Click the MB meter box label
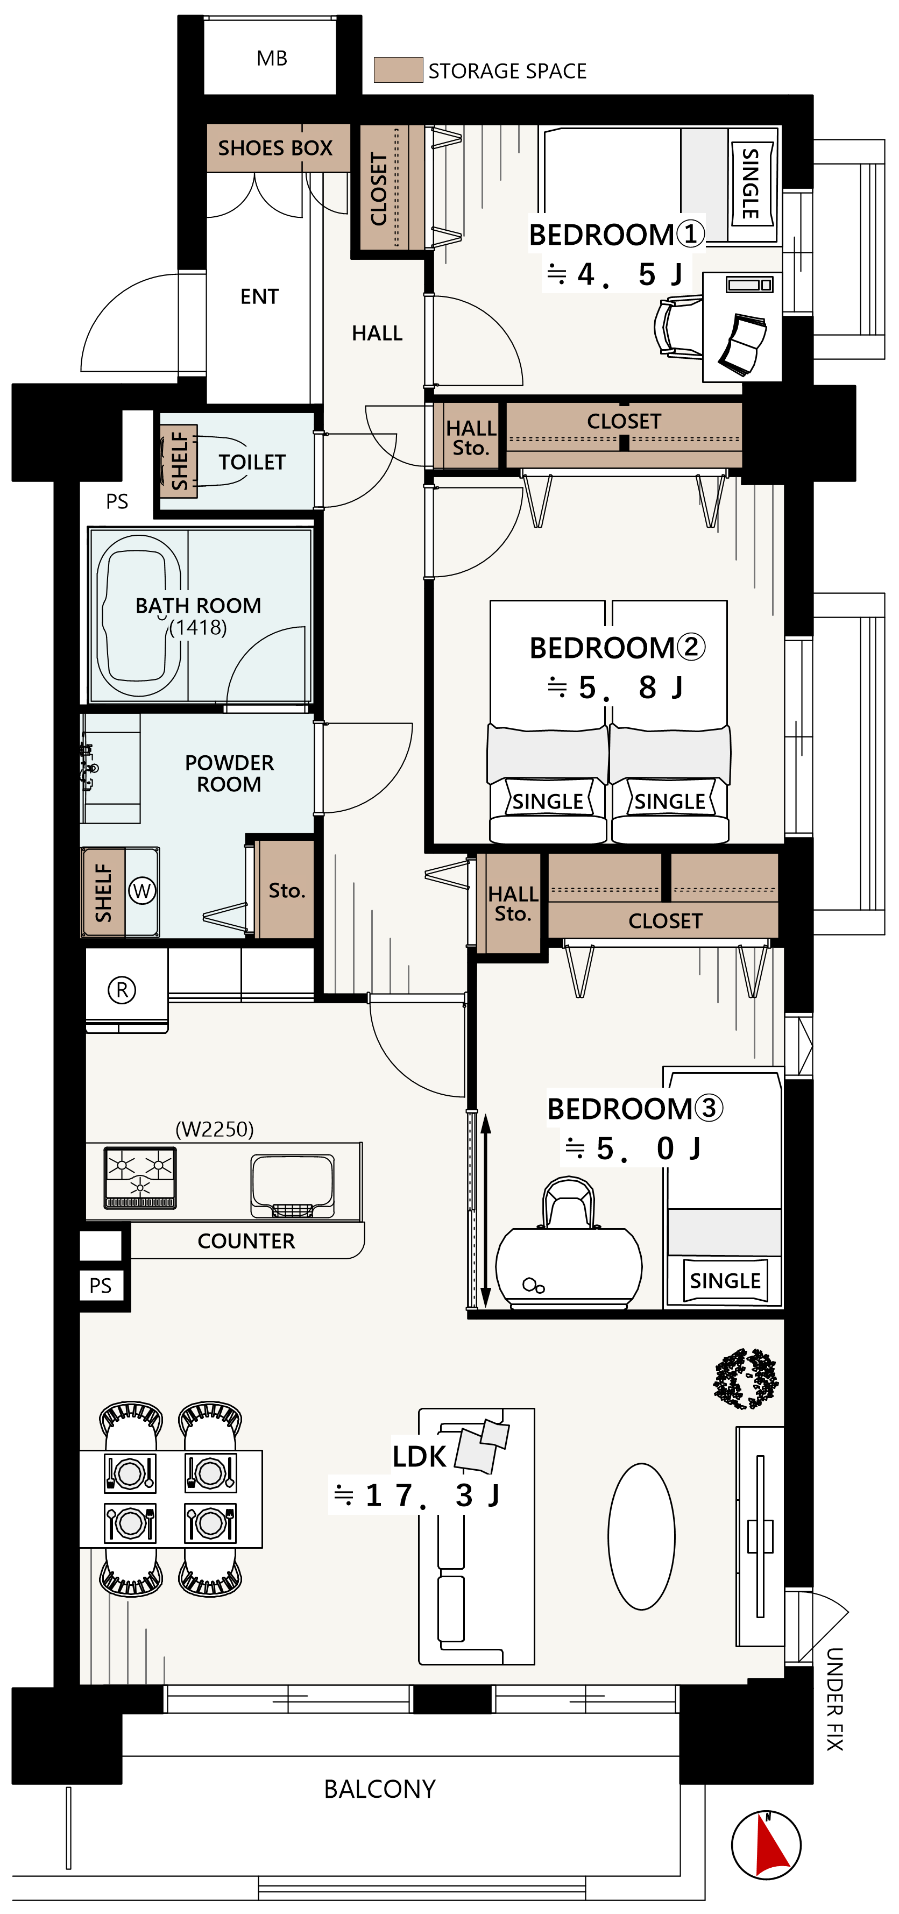click(x=272, y=59)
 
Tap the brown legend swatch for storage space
click(x=398, y=70)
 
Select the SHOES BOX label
click(x=275, y=148)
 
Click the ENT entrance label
click(x=259, y=296)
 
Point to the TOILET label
click(x=252, y=462)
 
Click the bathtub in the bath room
click(x=138, y=616)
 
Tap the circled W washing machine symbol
click(x=142, y=890)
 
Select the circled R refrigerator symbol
click(x=122, y=990)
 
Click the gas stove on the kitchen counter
click(x=140, y=1178)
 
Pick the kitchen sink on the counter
click(x=292, y=1185)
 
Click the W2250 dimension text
click(x=215, y=1129)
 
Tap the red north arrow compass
click(x=767, y=1845)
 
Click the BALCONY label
click(x=380, y=1789)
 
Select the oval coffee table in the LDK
click(x=641, y=1536)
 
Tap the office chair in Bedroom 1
click(x=677, y=327)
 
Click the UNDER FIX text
click(x=835, y=1699)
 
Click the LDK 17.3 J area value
click(x=417, y=1495)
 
